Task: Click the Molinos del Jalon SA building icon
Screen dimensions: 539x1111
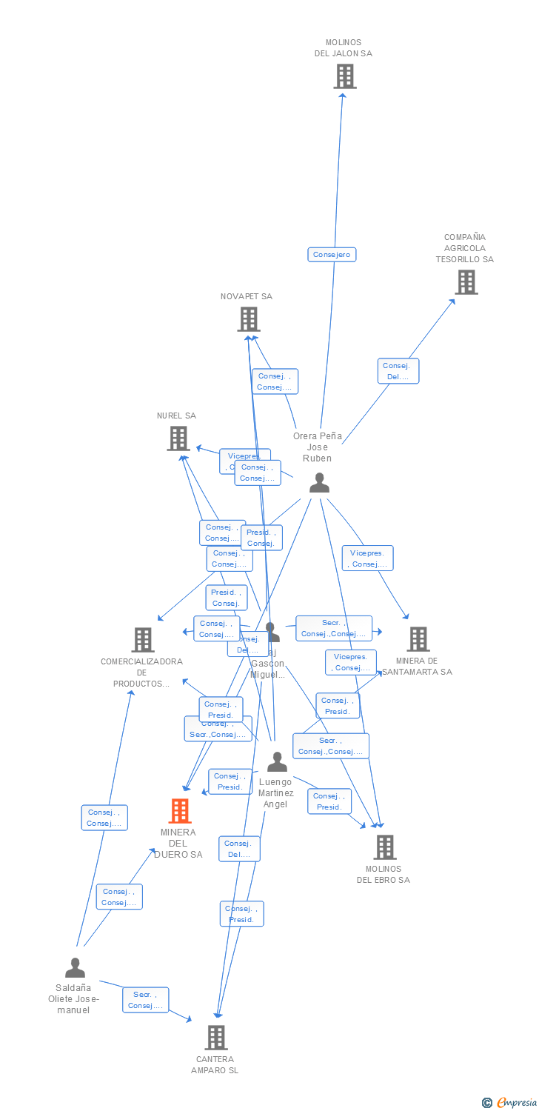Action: pyautogui.click(x=344, y=76)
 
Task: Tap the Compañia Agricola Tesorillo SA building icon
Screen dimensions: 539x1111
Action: pyautogui.click(x=466, y=282)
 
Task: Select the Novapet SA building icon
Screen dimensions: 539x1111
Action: pyautogui.click(x=248, y=319)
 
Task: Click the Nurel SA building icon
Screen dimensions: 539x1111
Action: pyautogui.click(x=178, y=438)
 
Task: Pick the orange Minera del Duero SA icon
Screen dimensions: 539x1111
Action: pyautogui.click(x=179, y=811)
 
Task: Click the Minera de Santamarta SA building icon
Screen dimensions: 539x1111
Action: pyautogui.click(x=418, y=639)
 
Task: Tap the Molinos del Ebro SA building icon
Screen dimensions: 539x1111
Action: pyautogui.click(x=384, y=847)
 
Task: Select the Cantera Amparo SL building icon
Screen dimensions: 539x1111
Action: pyautogui.click(x=215, y=1038)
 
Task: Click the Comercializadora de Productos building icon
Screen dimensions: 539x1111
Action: pyautogui.click(x=142, y=640)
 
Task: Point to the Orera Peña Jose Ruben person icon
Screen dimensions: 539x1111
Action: pyautogui.click(x=319, y=483)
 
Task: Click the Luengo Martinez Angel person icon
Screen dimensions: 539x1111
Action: pyautogui.click(x=277, y=762)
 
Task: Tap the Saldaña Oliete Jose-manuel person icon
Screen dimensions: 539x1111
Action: pyautogui.click(x=75, y=967)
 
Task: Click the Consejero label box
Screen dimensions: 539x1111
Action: pyautogui.click(x=332, y=255)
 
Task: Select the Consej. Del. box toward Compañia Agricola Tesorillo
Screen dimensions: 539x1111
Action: pyautogui.click(x=398, y=371)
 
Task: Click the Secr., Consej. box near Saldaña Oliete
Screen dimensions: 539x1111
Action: pyautogui.click(x=145, y=1000)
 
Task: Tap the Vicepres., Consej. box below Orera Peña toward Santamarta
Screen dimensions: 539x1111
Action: pyautogui.click(x=367, y=558)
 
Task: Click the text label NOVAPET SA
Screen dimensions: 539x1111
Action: pyautogui.click(x=247, y=297)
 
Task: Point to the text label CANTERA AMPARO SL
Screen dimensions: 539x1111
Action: pyautogui.click(x=215, y=1065)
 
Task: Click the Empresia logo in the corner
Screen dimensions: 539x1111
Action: pyautogui.click(x=509, y=1103)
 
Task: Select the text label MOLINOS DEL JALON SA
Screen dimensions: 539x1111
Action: pyautogui.click(x=343, y=48)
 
